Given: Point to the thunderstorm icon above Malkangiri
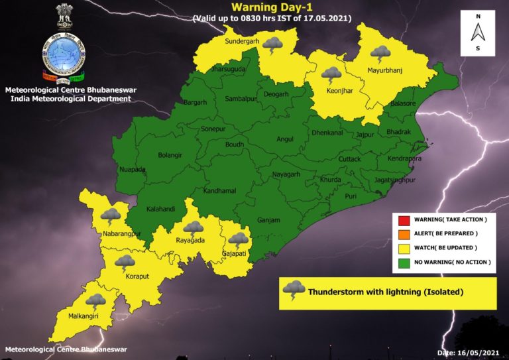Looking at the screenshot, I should coord(95,303).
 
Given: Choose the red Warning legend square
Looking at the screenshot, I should coord(404,219).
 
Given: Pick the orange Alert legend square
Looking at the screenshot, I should coord(404,233).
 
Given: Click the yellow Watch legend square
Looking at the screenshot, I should coord(404,248).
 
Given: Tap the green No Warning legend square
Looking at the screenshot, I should coord(404,263).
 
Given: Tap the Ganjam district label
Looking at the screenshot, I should coord(268,220).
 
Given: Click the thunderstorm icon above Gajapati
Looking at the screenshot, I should coord(238,240).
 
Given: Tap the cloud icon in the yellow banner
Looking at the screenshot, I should coord(294,290).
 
